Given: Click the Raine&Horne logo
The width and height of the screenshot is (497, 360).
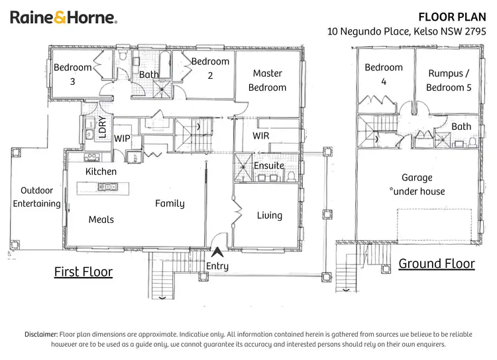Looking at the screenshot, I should click(63, 18).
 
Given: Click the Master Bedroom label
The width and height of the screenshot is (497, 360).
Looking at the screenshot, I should click(267, 80).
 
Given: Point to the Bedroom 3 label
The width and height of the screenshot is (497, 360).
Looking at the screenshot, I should click(73, 74).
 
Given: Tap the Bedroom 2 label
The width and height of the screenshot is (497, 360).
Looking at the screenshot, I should click(210, 68).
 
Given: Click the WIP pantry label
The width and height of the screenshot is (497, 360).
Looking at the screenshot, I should click(122, 139).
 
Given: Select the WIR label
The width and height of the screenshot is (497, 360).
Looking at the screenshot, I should click(261, 136).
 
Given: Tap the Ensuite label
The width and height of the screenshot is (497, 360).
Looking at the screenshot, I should click(268, 165).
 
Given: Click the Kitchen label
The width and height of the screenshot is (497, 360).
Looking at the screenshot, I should click(101, 172).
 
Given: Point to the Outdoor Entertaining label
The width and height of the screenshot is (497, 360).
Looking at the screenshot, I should click(36, 197).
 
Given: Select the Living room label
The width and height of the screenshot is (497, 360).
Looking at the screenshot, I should click(270, 215).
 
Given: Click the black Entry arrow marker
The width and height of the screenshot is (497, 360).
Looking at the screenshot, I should click(217, 252).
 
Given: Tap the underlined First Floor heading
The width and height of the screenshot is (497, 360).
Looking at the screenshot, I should click(83, 272).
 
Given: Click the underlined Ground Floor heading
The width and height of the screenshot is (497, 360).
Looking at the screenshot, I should click(436, 264).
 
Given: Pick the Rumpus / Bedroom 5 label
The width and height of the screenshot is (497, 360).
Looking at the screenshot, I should click(449, 80).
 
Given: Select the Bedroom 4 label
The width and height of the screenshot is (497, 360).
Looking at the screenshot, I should click(384, 74).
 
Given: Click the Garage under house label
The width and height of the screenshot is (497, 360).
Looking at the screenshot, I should click(417, 184).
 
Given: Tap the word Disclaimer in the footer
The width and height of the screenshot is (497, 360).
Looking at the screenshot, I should click(41, 335).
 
